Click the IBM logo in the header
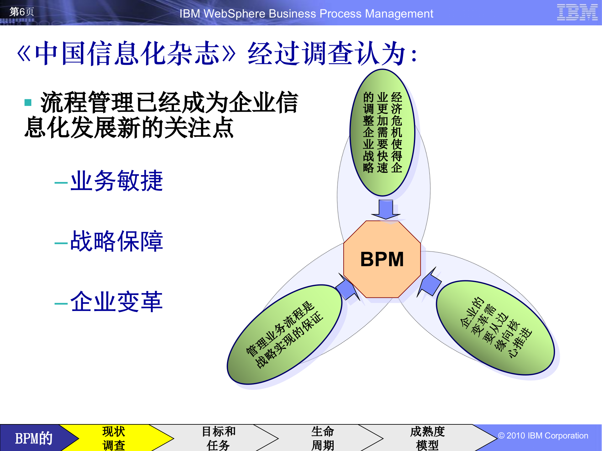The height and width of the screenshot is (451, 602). (x=577, y=13)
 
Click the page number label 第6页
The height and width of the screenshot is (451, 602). (x=22, y=12)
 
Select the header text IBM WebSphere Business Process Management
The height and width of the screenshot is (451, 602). (x=306, y=14)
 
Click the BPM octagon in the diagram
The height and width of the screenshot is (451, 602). (x=382, y=259)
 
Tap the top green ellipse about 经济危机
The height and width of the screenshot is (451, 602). (x=382, y=132)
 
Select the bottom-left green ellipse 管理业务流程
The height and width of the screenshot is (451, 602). (x=284, y=334)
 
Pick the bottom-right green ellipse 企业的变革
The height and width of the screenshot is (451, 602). (x=495, y=328)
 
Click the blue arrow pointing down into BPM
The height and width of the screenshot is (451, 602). (x=386, y=209)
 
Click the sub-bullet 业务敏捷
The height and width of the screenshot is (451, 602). (x=116, y=181)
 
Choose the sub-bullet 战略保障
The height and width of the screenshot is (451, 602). (x=116, y=241)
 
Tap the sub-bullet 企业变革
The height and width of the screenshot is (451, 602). (x=116, y=302)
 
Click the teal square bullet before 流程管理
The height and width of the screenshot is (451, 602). (x=28, y=102)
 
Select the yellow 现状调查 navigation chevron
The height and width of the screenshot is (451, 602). (x=114, y=438)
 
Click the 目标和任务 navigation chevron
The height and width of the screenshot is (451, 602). (x=219, y=438)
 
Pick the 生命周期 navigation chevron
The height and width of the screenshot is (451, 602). (x=323, y=438)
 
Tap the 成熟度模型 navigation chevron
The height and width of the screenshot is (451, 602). (x=427, y=438)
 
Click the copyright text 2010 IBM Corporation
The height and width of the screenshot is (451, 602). (x=543, y=436)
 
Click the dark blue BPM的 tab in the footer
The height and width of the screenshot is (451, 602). (x=34, y=438)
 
